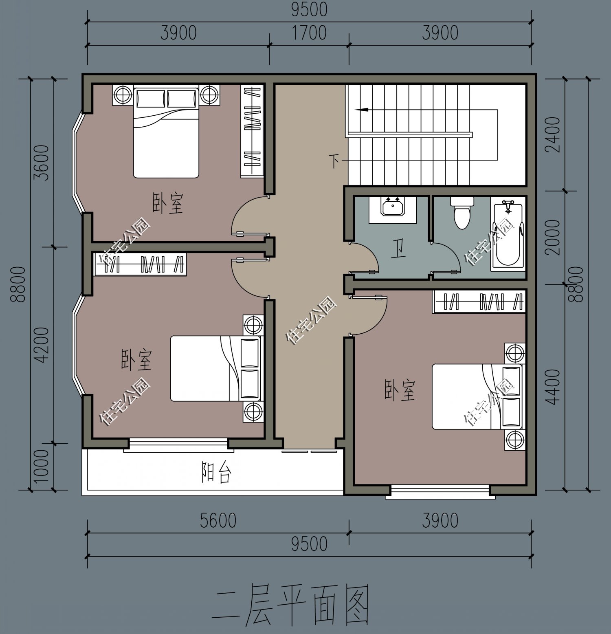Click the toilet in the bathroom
tap(462, 212)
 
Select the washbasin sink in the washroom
tap(392, 207)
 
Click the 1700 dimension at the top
tap(309, 33)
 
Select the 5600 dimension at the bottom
tap(218, 521)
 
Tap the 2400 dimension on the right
tap(553, 134)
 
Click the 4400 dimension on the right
tap(553, 387)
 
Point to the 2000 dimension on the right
tap(553, 237)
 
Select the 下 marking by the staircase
tap(334, 161)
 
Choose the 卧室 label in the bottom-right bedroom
tap(400, 390)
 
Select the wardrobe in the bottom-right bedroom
tap(479, 302)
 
